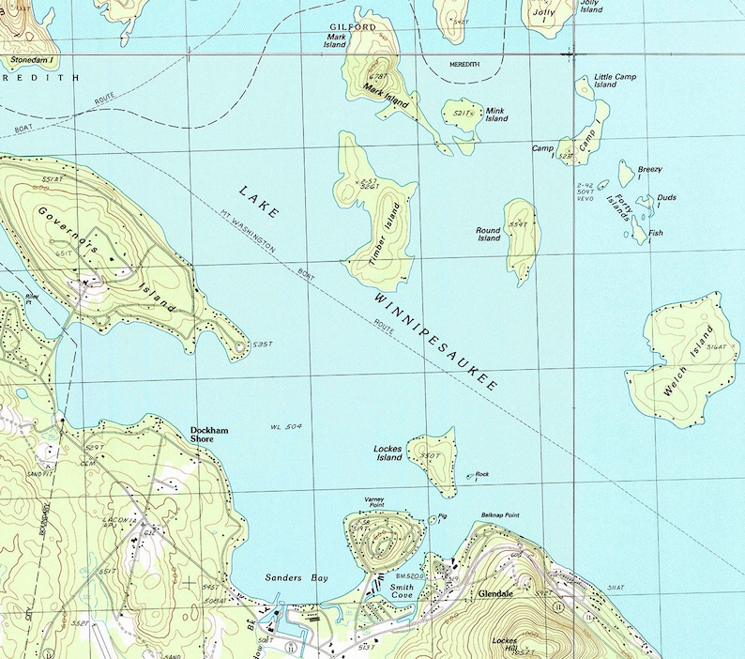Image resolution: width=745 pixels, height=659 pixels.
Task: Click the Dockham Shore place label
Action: pyautogui.click(x=209, y=435)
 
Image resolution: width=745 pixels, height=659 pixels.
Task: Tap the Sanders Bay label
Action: pyautogui.click(x=296, y=578)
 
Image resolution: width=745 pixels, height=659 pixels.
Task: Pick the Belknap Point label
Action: pyautogui.click(x=499, y=515)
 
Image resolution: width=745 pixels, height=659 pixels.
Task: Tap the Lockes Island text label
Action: pyautogui.click(x=388, y=453)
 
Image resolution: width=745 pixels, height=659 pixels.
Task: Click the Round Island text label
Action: pyautogui.click(x=488, y=234)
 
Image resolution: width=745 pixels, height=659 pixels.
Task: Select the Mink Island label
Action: pyautogui.click(x=495, y=115)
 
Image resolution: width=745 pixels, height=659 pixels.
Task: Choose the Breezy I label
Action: pyautogui.click(x=650, y=172)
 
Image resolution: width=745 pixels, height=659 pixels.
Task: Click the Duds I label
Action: pyautogui.click(x=666, y=200)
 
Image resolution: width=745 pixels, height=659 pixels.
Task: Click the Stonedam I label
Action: pyautogui.click(x=31, y=59)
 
